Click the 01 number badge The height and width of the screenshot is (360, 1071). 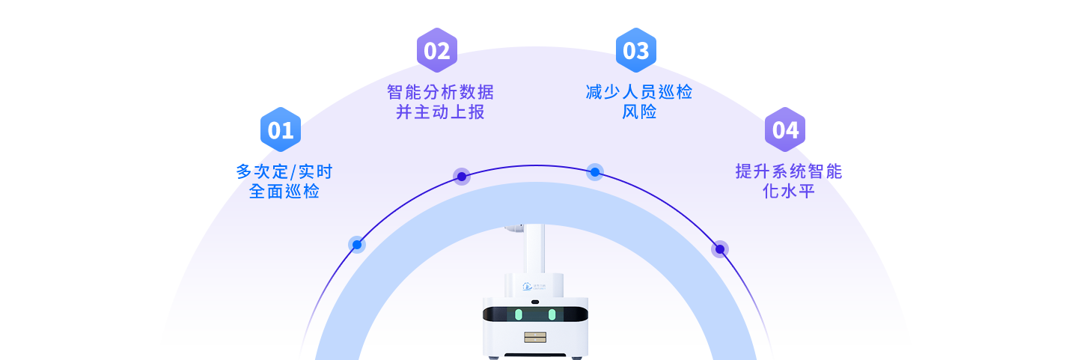[281, 129]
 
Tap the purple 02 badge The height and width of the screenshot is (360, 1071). [437, 50]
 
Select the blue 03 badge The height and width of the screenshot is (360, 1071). [635, 50]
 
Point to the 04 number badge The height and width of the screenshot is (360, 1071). [785, 129]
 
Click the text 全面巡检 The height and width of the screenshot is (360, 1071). [284, 192]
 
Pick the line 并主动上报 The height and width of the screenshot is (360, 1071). [440, 112]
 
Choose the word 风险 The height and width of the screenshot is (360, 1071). [639, 112]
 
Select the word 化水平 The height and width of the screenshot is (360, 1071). [788, 191]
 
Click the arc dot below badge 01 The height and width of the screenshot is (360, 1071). [357, 245]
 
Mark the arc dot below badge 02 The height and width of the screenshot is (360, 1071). [462, 177]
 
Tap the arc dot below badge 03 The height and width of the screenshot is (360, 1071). [595, 172]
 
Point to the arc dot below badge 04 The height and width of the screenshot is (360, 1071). [720, 249]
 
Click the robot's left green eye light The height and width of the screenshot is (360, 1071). [518, 314]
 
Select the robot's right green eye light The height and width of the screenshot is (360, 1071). [552, 314]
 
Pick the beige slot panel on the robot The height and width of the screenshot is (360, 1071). [535, 338]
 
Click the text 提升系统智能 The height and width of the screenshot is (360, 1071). [788, 171]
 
